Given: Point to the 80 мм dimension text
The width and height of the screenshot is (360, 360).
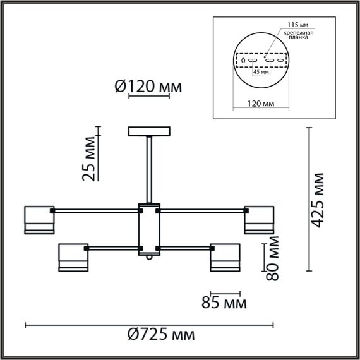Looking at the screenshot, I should (272, 257).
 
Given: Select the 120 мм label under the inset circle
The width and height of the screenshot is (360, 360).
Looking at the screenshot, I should (260, 102).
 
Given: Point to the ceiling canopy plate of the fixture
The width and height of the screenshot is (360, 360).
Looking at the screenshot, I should (150, 131).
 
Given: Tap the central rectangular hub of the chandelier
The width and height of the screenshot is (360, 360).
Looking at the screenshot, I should (150, 228).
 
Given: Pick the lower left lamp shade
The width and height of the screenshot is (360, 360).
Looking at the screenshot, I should (73, 259).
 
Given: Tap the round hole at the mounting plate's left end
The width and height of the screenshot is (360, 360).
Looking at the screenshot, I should (242, 61).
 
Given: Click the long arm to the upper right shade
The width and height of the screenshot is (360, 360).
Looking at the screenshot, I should (202, 209).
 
